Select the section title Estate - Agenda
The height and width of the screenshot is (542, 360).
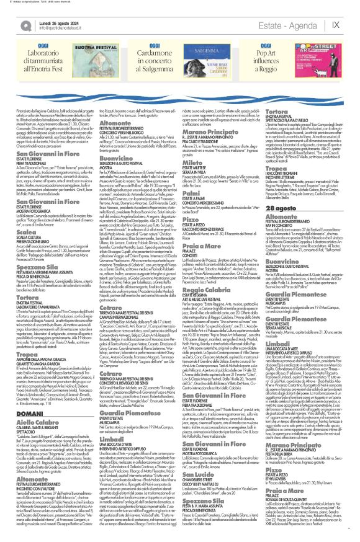[x=293, y=24]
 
